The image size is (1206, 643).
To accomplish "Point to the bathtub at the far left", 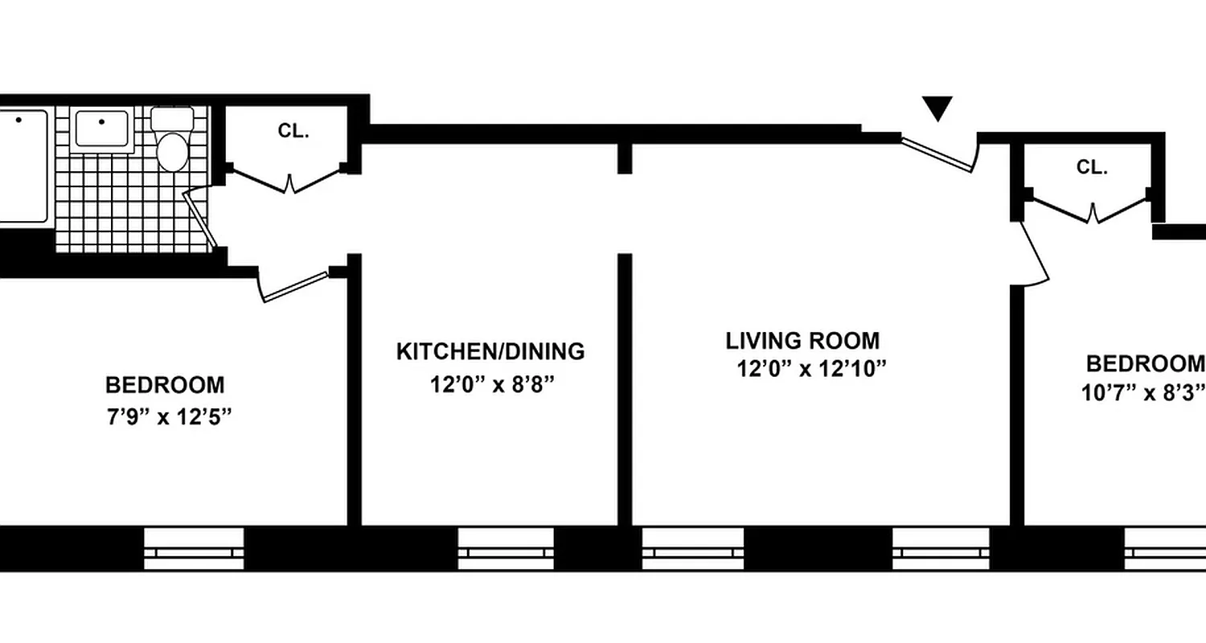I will click(23, 165).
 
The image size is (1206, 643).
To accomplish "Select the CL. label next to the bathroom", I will click(293, 131).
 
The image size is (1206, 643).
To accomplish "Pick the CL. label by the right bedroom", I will click(1092, 168).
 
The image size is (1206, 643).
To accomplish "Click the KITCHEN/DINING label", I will click(490, 352).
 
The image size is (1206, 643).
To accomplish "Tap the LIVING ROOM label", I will click(802, 341).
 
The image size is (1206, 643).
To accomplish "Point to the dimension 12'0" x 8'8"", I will click(491, 385).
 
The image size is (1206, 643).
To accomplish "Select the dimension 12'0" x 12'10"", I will click(811, 370).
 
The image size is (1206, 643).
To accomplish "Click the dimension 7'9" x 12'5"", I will click(166, 418).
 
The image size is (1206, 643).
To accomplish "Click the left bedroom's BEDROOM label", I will click(165, 385).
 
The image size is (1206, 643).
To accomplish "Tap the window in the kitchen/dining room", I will click(505, 548).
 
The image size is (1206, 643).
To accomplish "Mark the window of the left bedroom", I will click(193, 548).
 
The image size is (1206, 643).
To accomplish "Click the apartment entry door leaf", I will click(937, 154).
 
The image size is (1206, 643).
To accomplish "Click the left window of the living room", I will click(692, 548).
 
